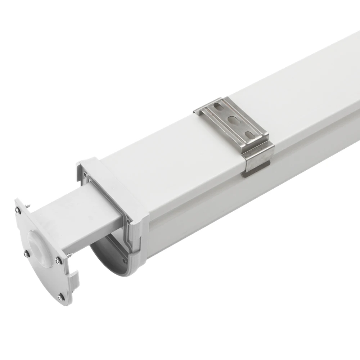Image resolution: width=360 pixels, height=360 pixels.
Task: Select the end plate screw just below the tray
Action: click(58, 260)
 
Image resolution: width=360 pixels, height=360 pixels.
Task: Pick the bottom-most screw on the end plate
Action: click(60, 297)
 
